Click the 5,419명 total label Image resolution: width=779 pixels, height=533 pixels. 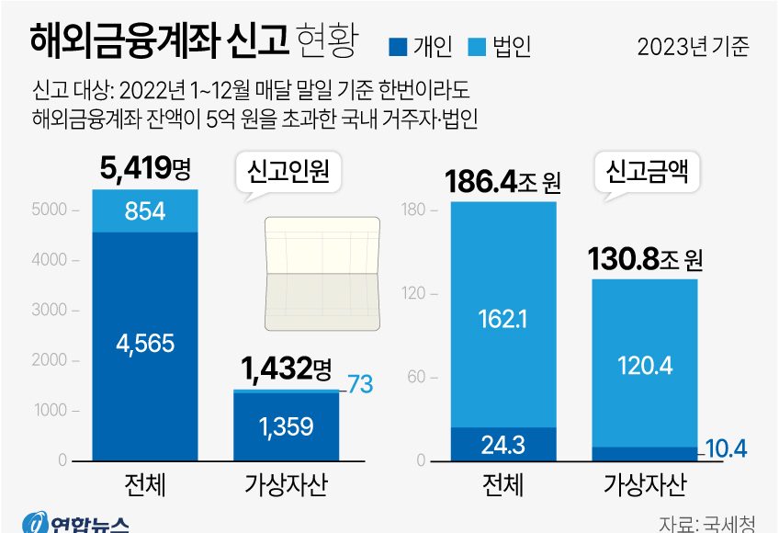(145, 169)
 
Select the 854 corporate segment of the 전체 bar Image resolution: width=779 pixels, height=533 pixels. (145, 211)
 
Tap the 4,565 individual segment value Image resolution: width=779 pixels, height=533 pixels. (145, 343)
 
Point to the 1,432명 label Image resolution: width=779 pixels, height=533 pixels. (286, 369)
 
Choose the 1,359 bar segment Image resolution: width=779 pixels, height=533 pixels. (286, 426)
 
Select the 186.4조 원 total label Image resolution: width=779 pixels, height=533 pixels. (502, 182)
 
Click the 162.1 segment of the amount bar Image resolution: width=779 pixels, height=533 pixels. (503, 318)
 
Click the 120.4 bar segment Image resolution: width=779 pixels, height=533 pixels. (645, 366)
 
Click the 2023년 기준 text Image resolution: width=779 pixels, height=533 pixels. (694, 46)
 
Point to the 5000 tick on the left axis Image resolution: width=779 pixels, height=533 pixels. (50, 210)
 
